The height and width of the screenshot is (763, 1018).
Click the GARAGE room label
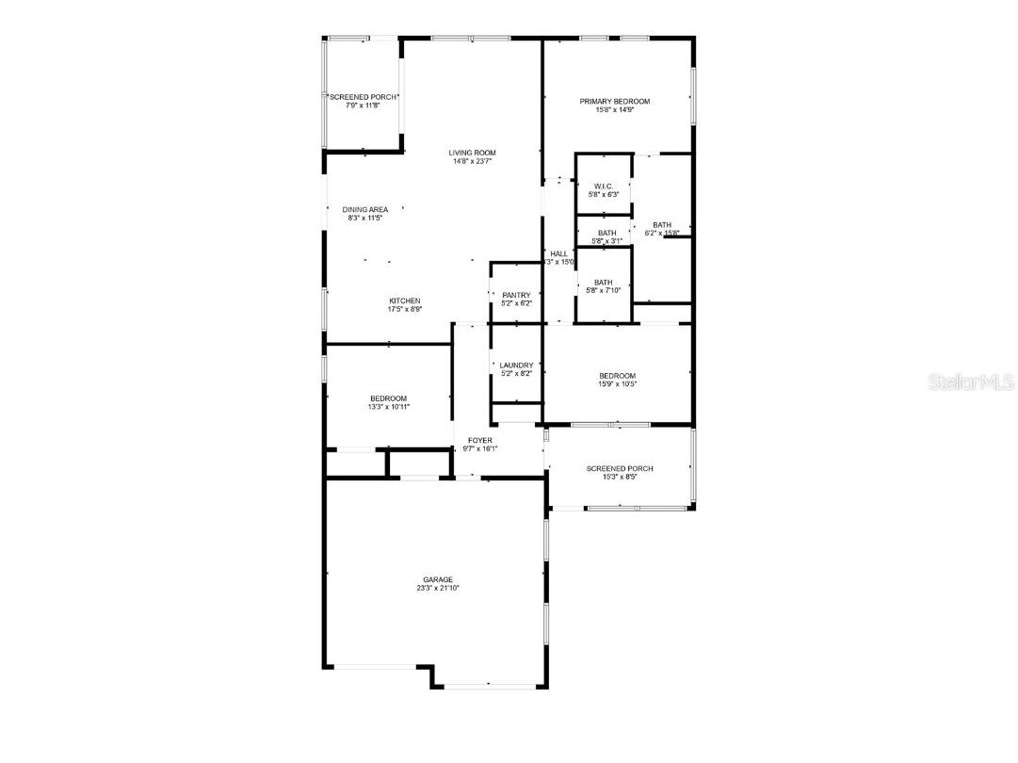[438, 579]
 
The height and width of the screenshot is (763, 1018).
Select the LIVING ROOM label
[472, 153]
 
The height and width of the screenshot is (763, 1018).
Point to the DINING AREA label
[365, 209]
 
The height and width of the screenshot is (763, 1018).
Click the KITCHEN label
[405, 300]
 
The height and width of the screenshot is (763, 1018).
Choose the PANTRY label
[517, 295]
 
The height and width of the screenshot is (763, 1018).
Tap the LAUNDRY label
[517, 365]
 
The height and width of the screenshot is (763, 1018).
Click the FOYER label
[480, 440]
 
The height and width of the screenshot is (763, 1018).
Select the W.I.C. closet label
[604, 186]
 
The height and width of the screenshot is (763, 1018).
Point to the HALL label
[559, 253]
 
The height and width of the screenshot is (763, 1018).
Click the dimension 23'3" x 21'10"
[438, 588]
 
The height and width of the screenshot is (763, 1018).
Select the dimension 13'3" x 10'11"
[389, 407]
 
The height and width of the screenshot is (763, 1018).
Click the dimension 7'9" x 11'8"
[363, 106]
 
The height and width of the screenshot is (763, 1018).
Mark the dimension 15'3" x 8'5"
[620, 477]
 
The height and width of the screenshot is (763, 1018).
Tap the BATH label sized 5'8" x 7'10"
[604, 282]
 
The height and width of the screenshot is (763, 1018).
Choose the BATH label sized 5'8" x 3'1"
[606, 233]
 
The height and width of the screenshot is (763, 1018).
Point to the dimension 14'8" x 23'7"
[472, 161]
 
